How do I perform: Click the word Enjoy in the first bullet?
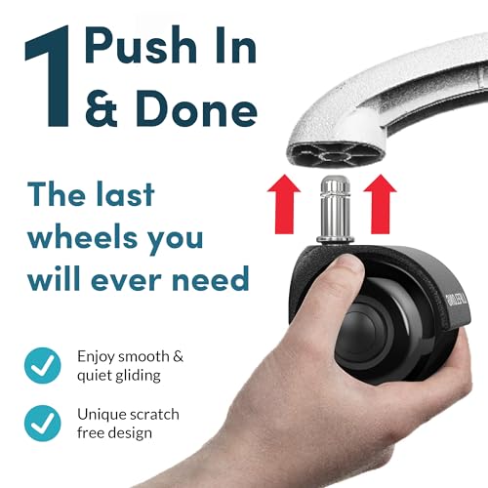(x=96, y=356)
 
